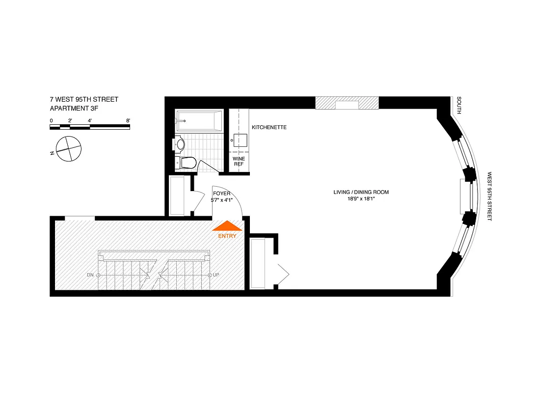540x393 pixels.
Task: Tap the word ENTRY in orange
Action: [x=227, y=236]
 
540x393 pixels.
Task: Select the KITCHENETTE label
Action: [x=269, y=128]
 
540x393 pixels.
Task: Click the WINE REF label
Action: [x=239, y=162]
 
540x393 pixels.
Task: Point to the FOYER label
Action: [x=222, y=194]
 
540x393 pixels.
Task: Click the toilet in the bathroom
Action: [x=188, y=163]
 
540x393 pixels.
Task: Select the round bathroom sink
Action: [x=180, y=144]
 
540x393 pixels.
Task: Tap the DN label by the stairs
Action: [x=90, y=275]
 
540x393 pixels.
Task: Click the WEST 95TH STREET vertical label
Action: [x=489, y=196]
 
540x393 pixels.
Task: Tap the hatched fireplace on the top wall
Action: [x=347, y=103]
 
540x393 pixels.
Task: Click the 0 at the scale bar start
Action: [x=52, y=120]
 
